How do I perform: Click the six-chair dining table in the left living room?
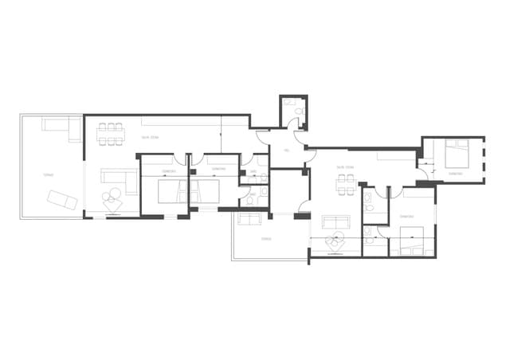click(x=111, y=133)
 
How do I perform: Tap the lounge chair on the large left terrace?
click(x=62, y=200)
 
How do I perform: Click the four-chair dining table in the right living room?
click(x=344, y=184)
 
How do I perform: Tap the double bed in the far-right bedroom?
click(x=456, y=151)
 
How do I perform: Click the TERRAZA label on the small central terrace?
click(x=266, y=238)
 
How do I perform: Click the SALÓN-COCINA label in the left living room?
click(x=150, y=138)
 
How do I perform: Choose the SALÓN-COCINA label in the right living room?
click(x=344, y=167)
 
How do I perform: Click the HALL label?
click(x=285, y=151)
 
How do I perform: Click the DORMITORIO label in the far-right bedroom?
click(x=455, y=172)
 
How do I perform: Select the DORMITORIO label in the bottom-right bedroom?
click(x=406, y=216)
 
